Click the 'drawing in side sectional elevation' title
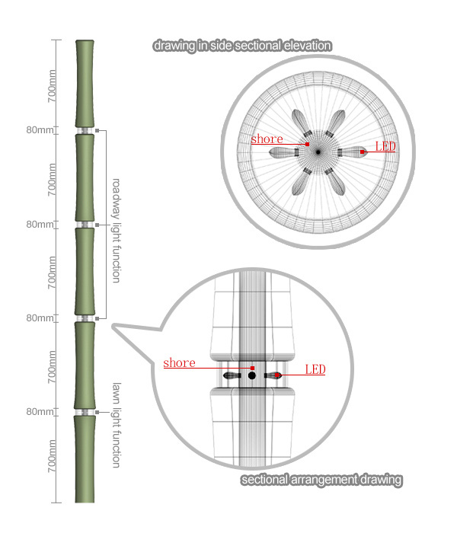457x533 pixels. pyautogui.click(x=242, y=46)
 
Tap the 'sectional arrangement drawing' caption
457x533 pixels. pyautogui.click(x=321, y=480)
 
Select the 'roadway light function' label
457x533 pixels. pyautogui.click(x=117, y=231)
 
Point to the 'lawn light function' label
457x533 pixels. pyautogui.click(x=117, y=425)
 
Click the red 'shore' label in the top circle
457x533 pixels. pyautogui.click(x=267, y=139)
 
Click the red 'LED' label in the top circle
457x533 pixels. pyautogui.click(x=385, y=146)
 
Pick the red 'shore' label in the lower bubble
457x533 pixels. pyautogui.click(x=179, y=362)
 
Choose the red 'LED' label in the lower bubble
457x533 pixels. pyautogui.click(x=315, y=369)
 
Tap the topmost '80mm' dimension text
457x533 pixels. pyautogui.click(x=40, y=130)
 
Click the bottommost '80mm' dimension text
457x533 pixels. pyautogui.click(x=40, y=412)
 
